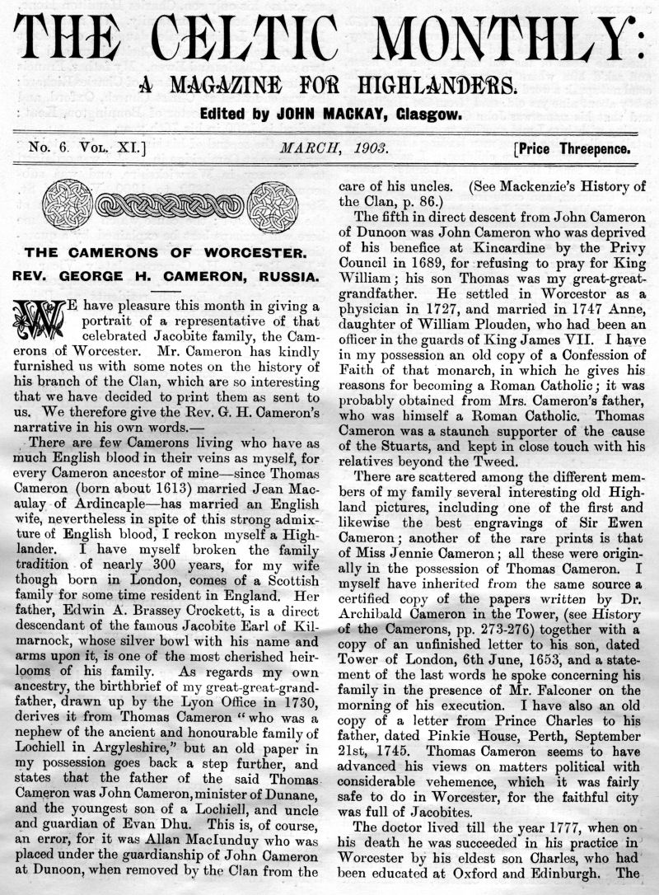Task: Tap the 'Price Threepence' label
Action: [574, 149]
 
